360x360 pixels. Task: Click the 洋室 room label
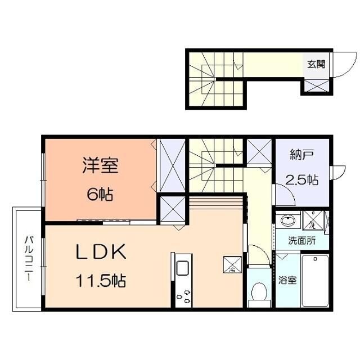[100, 166]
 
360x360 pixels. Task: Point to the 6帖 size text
[100, 195]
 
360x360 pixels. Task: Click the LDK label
[100, 253]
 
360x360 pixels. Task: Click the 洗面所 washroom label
[302, 241]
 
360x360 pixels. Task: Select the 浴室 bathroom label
[287, 280]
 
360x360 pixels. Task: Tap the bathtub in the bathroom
[316, 280]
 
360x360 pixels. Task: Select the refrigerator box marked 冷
[232, 263]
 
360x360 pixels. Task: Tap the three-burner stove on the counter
[183, 295]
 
